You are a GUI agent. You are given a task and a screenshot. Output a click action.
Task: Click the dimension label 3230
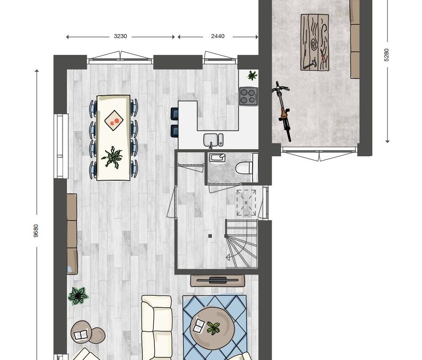[x=120, y=36]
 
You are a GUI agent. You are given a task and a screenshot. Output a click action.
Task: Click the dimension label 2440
[x=218, y=36]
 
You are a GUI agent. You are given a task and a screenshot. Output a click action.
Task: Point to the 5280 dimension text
[x=387, y=55]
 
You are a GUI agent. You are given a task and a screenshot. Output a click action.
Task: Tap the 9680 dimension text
[x=36, y=231]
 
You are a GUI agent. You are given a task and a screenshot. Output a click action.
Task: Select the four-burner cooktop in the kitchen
[x=248, y=96]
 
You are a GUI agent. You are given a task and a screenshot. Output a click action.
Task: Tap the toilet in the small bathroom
[x=244, y=168]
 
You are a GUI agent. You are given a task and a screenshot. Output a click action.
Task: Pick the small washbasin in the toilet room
[x=217, y=158]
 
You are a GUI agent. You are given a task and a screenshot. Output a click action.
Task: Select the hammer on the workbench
[x=309, y=65]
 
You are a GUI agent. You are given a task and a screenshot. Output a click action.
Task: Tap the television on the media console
[x=218, y=280]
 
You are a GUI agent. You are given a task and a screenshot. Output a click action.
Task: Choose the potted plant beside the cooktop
[x=252, y=75]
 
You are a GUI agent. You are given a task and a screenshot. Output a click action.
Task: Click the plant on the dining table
[x=112, y=158]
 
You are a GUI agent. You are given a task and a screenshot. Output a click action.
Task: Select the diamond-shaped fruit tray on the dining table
[x=114, y=120]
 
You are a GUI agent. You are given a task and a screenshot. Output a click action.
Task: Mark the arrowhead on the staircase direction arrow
[x=228, y=257]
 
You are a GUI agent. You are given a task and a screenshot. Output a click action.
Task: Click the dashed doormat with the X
[x=246, y=203]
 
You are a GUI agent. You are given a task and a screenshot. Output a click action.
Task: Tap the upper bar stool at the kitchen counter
[x=175, y=114]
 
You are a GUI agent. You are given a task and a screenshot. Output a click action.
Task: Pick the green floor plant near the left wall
[x=78, y=296]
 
